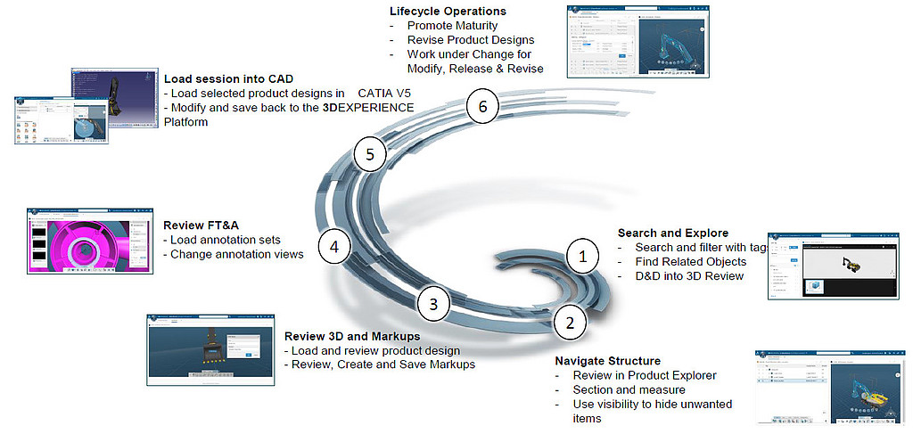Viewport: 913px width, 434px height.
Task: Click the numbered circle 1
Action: [582, 257]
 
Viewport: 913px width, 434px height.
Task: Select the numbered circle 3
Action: [433, 304]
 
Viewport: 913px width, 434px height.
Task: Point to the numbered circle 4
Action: [333, 245]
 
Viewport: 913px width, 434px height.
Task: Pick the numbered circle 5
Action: [369, 154]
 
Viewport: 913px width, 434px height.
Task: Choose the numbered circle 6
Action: [482, 107]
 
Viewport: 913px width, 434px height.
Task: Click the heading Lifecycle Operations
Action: [448, 12]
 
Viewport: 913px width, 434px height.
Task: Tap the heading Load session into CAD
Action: [228, 78]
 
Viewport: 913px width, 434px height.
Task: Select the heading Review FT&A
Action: [198, 225]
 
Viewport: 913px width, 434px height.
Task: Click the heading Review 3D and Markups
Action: [350, 336]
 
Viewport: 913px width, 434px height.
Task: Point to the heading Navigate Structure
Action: [607, 361]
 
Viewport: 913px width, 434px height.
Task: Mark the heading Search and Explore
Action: [672, 233]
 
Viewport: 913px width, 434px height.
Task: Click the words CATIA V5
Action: [386, 92]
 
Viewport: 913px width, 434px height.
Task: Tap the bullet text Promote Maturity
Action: [454, 26]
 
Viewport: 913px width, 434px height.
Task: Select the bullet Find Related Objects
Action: [690, 262]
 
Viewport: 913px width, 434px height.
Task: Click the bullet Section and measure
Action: [629, 389]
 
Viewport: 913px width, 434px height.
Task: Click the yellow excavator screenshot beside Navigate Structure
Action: [830, 385]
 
